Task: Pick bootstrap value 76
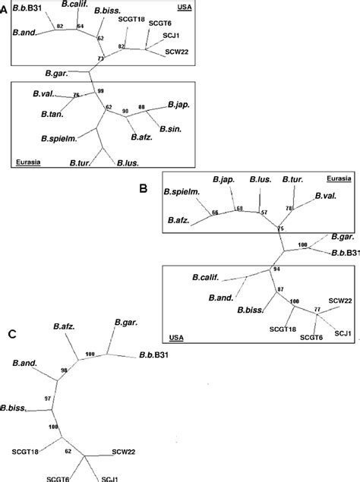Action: (75, 96)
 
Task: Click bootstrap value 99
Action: (99, 91)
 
